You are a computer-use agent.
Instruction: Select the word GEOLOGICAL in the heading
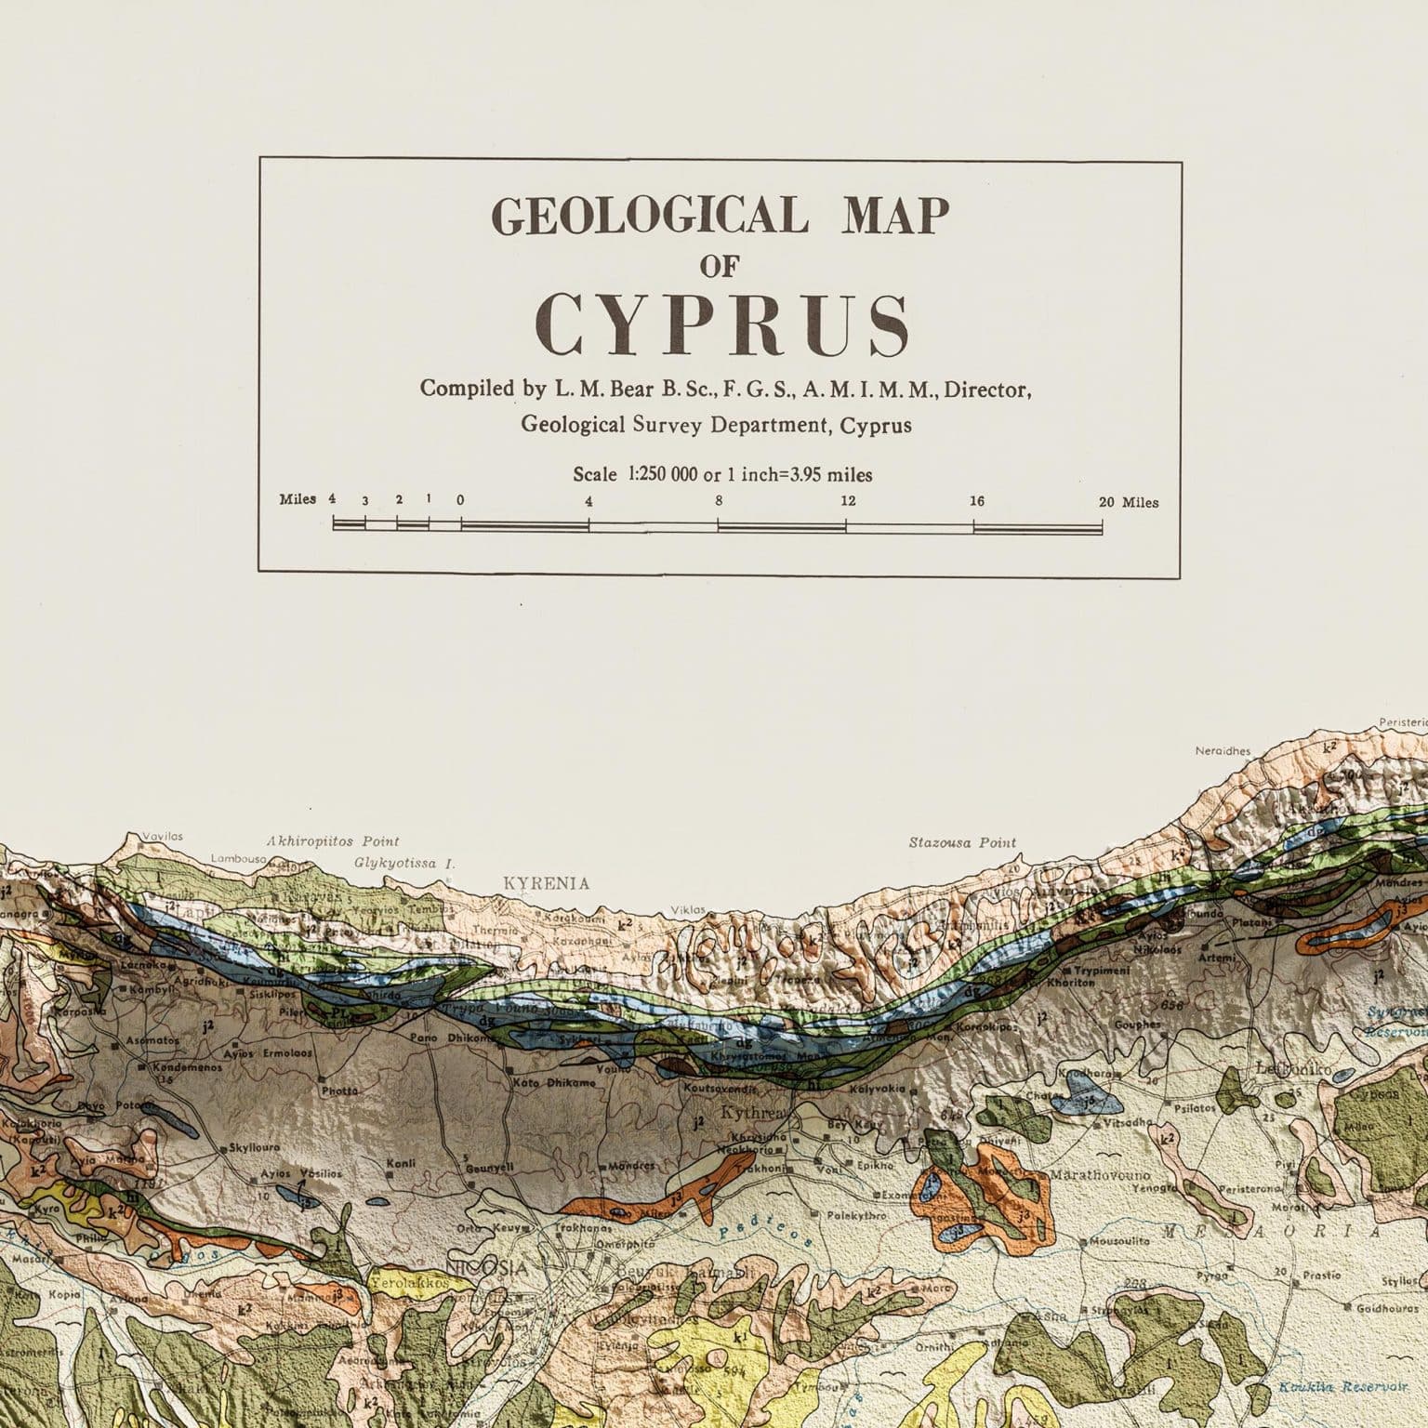643,217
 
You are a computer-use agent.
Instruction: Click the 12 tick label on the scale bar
848,501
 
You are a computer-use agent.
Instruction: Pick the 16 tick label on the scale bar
976,501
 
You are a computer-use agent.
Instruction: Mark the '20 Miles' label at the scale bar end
1129,503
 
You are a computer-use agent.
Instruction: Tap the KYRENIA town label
546,883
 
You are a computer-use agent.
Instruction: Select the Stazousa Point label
962,843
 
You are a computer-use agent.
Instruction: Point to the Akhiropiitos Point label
333,841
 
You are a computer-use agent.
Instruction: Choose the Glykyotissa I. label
404,863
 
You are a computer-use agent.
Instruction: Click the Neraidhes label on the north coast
1223,751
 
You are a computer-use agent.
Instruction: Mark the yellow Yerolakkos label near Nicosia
409,1283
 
